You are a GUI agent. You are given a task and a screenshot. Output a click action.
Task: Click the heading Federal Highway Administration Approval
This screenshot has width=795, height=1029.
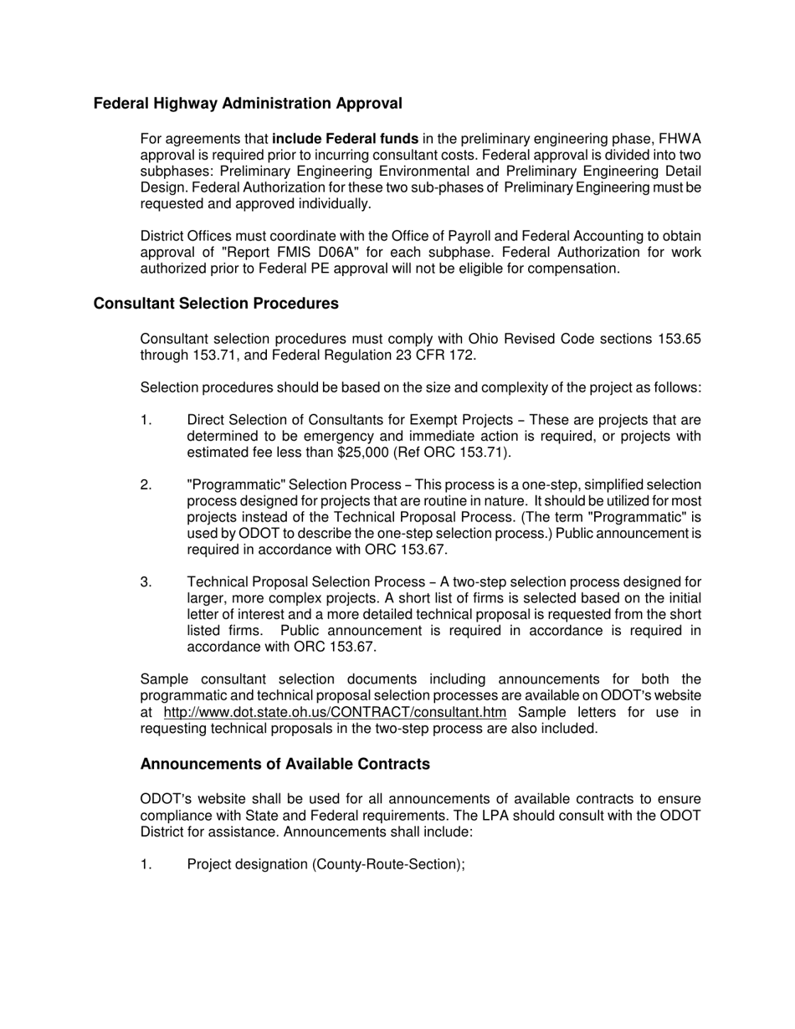pos(248,104)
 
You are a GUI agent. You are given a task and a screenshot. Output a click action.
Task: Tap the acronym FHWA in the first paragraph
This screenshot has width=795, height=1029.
pos(680,139)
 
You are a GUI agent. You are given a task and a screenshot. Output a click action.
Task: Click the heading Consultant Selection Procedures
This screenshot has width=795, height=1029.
pos(216,304)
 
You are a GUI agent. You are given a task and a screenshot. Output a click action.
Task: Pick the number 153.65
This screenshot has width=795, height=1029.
pos(676,339)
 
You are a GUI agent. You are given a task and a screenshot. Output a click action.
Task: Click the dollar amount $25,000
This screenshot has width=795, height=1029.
pos(427,453)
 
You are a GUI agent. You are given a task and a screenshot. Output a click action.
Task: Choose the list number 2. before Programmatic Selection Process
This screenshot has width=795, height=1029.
pos(146,485)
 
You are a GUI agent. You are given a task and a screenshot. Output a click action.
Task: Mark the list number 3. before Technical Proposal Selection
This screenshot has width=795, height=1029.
pos(146,582)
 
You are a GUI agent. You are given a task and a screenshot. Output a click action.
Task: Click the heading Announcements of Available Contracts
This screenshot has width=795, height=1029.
pos(285,764)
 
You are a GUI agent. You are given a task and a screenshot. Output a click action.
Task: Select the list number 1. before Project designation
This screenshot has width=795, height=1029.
pos(146,864)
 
